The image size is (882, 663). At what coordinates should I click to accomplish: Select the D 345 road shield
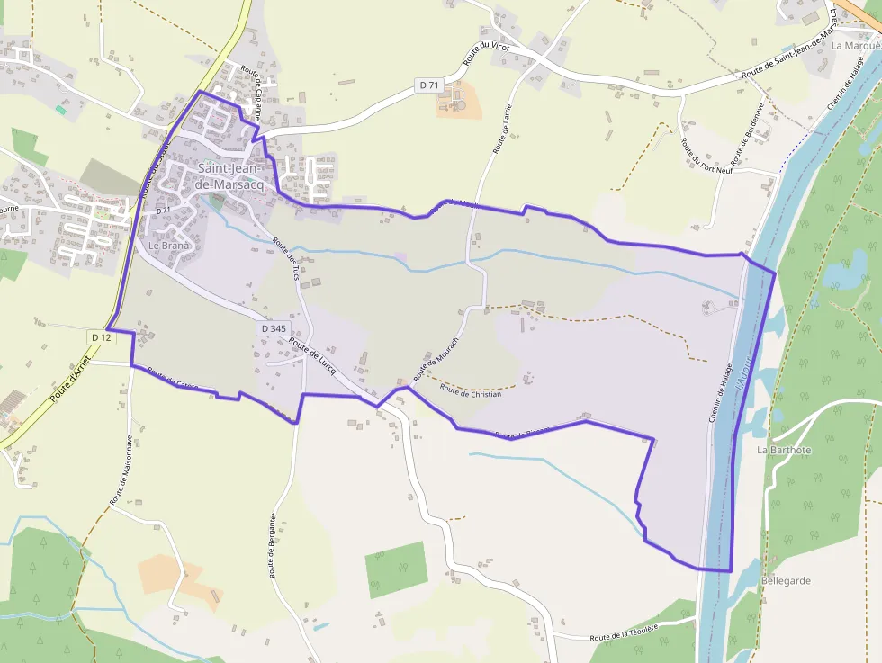274,329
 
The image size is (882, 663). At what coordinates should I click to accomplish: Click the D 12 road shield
101,336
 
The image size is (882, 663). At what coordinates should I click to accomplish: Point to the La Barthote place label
784,450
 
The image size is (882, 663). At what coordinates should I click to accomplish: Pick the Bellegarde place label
786,581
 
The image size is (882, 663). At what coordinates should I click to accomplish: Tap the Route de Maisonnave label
121,470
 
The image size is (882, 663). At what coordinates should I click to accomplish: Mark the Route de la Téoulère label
625,632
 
